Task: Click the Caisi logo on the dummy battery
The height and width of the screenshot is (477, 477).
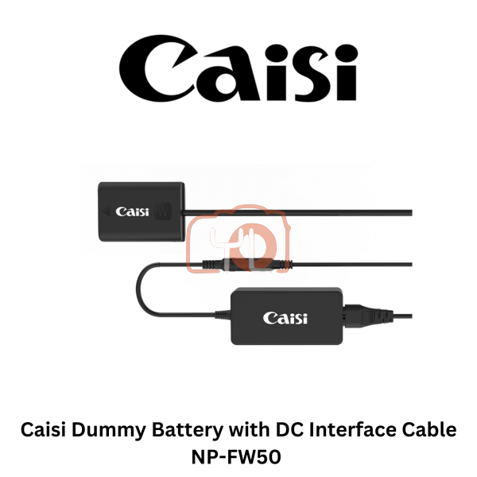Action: point(133,211)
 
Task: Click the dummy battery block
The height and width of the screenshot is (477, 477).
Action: point(141,211)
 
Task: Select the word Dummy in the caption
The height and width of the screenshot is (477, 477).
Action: point(103,430)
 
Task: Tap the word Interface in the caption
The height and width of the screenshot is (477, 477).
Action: point(347,430)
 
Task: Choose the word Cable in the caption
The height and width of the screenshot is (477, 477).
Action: point(429,430)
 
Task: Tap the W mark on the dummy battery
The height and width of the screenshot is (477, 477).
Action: point(165,212)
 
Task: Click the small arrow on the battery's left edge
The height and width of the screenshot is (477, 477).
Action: point(104,212)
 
